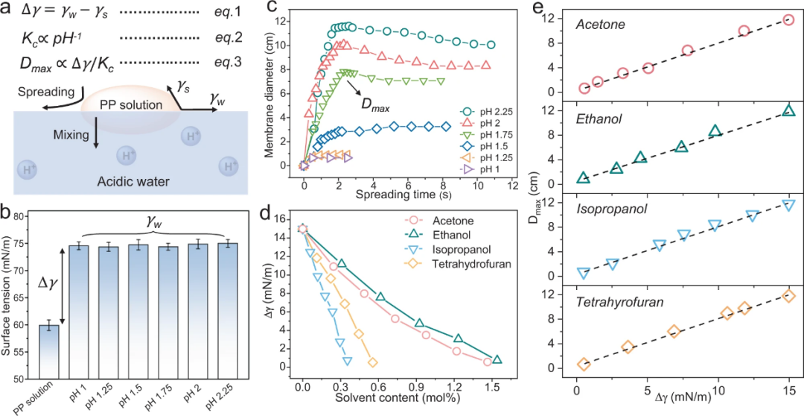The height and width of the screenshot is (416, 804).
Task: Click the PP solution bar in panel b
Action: [x=49, y=357]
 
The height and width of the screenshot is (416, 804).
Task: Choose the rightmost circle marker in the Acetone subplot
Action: [x=788, y=19]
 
